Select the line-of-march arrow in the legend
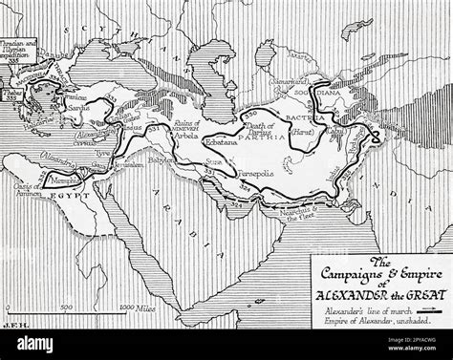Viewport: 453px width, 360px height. tap(437, 309)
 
